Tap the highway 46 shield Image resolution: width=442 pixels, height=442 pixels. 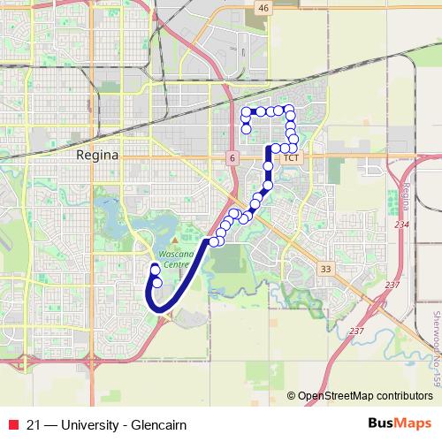[263, 7]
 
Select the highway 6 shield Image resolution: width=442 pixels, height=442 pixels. [232, 157]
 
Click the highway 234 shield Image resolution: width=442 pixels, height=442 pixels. [402, 225]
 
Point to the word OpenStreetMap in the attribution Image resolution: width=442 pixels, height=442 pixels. [342, 395]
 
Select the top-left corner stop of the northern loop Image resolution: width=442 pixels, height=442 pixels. [246, 110]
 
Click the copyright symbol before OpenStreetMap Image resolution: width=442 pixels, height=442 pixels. [293, 395]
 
